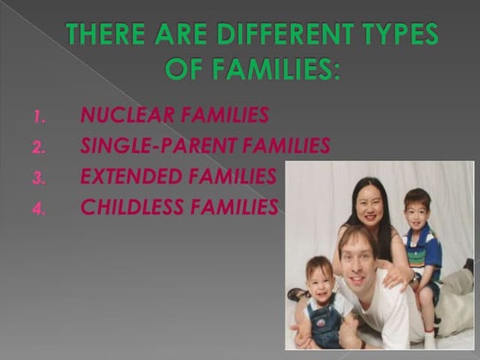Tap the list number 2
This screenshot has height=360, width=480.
click(38, 147)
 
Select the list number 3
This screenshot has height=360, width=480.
click(38, 177)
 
